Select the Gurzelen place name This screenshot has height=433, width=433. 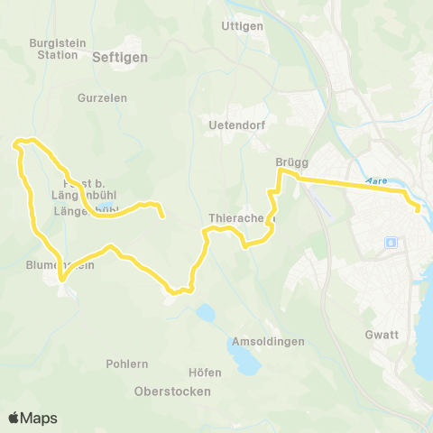(102, 97)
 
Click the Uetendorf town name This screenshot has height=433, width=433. (236, 124)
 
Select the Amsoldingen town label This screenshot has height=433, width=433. (268, 342)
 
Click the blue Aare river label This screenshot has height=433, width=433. (378, 180)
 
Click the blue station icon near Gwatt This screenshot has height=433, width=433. (391, 242)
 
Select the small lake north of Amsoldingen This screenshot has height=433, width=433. (207, 313)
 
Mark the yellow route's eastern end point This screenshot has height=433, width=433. (418, 210)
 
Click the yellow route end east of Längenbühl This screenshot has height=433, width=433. (162, 216)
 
